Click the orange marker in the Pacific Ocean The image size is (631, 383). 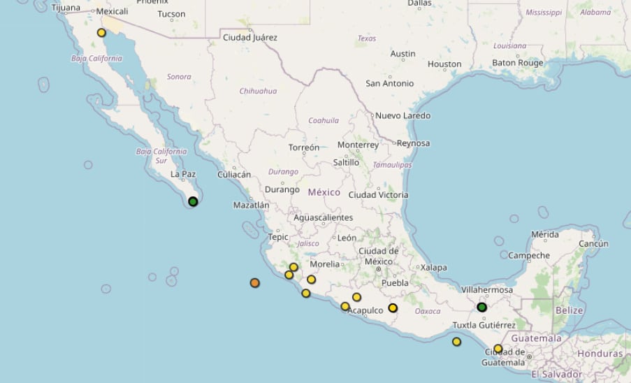coord(255,283)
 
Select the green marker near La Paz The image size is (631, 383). coord(193,202)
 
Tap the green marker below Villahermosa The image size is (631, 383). coord(481,307)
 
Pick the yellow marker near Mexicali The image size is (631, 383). coord(101,33)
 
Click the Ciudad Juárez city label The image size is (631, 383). coord(249,37)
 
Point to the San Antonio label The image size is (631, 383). coord(389,83)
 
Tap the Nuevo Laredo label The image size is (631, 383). coord(402,115)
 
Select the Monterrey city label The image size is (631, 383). coord(358,145)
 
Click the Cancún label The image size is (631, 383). coord(593,244)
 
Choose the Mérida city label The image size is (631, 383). coord(545,234)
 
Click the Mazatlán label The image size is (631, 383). coord(251,205)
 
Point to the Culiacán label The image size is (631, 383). coord(234,175)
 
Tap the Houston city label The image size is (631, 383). coord(444,64)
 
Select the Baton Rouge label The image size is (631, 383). coord(518,63)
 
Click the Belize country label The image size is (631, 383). coord(569,310)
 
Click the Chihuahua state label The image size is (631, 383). coord(258,91)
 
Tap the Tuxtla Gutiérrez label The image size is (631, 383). coord(484,325)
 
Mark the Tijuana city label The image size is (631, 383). coord(66,8)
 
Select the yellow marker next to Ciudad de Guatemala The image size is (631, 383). coord(498,349)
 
